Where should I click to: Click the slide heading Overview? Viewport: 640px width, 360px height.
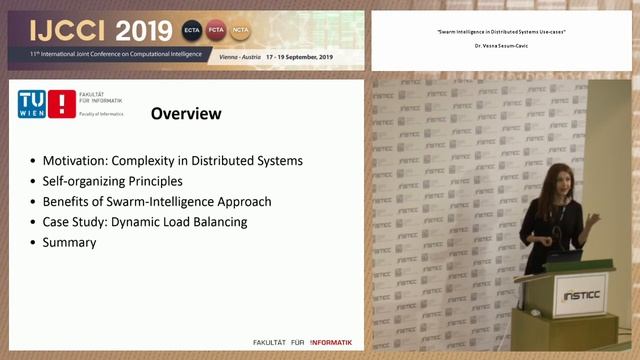click(185, 114)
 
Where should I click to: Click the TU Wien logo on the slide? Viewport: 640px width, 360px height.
click(47, 105)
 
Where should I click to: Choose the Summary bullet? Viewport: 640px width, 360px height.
click(69, 242)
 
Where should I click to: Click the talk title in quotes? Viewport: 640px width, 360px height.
click(501, 33)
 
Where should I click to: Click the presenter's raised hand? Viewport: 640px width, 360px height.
click(595, 218)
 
